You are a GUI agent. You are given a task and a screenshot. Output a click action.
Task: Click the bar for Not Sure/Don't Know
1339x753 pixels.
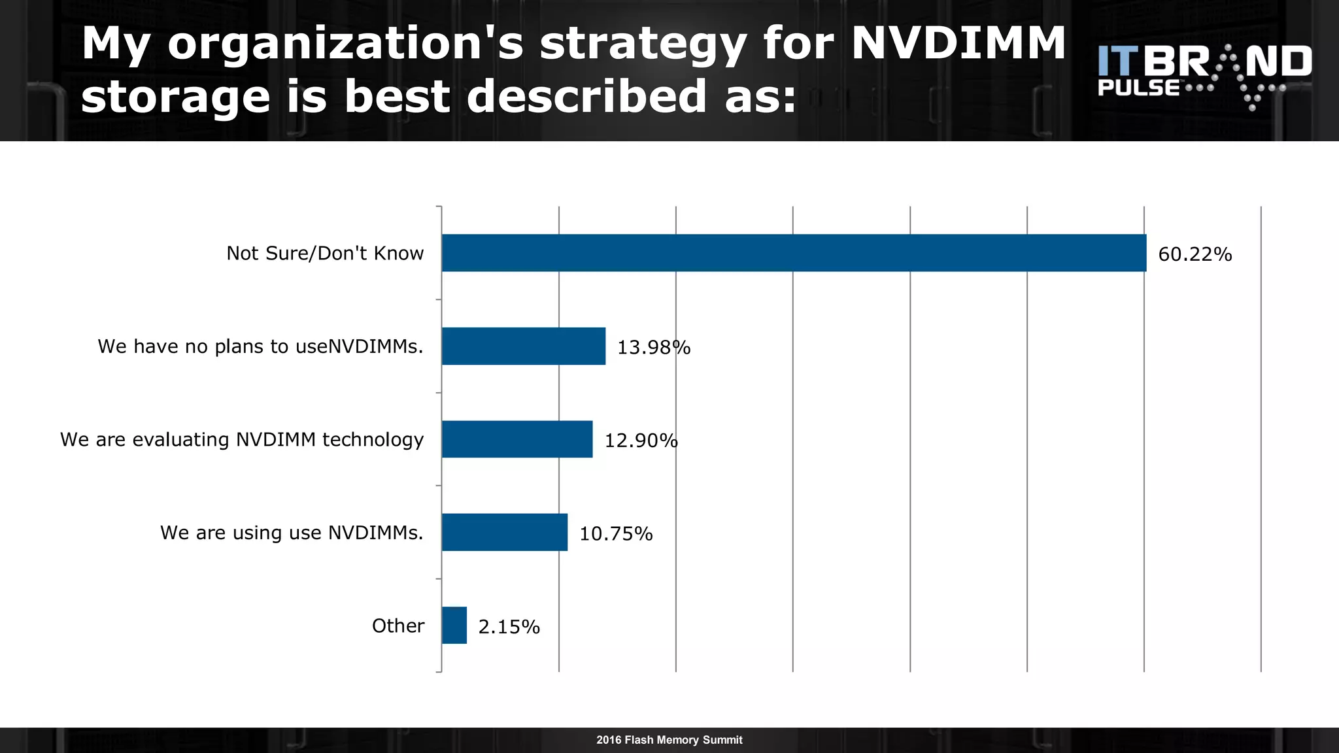[794, 253]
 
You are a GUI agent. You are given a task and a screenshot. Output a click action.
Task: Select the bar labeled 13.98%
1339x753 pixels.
[523, 346]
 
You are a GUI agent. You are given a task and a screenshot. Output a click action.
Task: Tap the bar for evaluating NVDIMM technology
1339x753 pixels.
[517, 439]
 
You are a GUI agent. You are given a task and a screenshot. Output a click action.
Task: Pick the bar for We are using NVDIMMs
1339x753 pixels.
[504, 532]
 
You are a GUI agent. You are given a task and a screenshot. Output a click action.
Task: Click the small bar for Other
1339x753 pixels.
[454, 626]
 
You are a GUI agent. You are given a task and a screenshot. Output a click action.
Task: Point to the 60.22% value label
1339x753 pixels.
[1195, 254]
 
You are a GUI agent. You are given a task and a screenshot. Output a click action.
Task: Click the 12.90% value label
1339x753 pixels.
[641, 441]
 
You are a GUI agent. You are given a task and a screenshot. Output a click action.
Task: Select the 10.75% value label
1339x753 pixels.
[616, 534]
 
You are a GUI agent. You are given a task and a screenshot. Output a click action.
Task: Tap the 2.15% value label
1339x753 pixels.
[509, 627]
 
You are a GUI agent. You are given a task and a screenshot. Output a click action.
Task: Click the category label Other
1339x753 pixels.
[398, 626]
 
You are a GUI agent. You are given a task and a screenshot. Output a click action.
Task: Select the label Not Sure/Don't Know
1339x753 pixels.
[325, 254]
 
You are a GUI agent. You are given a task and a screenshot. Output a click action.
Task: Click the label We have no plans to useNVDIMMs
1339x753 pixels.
[260, 346]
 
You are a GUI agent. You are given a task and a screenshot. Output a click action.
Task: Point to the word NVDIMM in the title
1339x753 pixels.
[958, 43]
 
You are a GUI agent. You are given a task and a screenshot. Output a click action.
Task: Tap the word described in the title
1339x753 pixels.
[586, 96]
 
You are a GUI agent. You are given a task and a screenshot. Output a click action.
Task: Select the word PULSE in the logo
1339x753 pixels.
[1138, 88]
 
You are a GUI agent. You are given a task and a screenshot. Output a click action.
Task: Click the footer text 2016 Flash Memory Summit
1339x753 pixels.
[669, 740]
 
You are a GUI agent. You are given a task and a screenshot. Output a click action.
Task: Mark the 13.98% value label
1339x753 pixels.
[654, 348]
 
